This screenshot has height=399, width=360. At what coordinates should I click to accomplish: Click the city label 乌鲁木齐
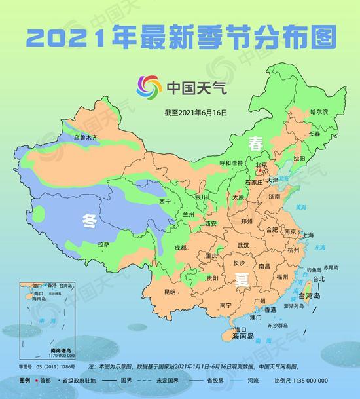point(85,138)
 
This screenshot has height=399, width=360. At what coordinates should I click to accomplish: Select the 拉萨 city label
point(103,244)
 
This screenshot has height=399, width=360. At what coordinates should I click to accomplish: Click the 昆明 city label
point(170,292)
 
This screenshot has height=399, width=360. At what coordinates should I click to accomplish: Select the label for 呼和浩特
point(230,162)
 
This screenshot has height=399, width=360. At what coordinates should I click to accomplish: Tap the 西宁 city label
point(164,201)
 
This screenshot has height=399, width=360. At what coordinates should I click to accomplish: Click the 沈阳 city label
point(299,159)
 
